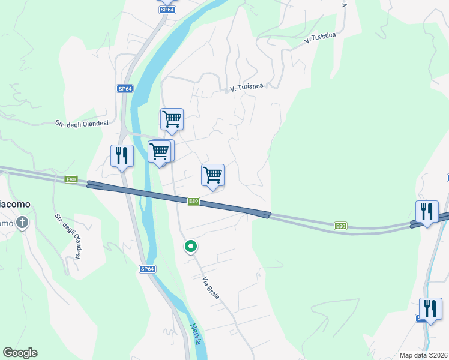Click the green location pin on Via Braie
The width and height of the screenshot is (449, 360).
(191, 247)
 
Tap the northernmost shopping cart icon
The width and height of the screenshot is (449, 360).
(172, 119)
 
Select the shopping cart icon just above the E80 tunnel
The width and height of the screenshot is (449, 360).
(212, 175)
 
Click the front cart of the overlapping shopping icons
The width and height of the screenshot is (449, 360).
(158, 152)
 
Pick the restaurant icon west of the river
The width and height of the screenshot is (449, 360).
(122, 156)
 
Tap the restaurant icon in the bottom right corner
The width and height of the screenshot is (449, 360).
(430, 309)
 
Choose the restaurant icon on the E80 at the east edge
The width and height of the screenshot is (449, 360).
(427, 212)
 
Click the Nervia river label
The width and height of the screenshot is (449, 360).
(196, 334)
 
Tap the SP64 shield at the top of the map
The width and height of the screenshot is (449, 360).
(167, 10)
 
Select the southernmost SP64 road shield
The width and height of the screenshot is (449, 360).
(148, 269)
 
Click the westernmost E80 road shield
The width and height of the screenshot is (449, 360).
(71, 179)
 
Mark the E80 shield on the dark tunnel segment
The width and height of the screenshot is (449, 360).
(193, 201)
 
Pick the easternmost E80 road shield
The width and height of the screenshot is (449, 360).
(340, 226)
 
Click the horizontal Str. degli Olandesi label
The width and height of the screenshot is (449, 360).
(82, 124)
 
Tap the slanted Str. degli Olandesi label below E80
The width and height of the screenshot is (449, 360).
(68, 236)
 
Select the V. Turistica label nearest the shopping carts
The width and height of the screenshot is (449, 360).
(247, 88)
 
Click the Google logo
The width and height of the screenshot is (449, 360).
(20, 353)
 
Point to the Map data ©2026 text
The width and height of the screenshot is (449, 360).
(423, 355)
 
